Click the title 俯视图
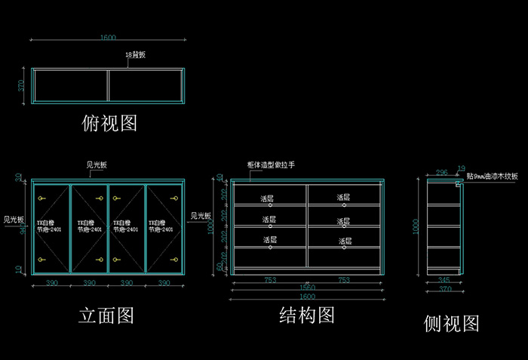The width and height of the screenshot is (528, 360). (109, 123)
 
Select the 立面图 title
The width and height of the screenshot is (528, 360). (106, 315)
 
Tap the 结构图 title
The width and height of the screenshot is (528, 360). (307, 315)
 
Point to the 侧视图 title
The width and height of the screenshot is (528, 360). (452, 324)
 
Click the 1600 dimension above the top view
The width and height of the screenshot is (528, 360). (108, 37)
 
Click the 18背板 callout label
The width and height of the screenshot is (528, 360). (135, 56)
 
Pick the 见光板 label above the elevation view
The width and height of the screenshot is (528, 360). (97, 165)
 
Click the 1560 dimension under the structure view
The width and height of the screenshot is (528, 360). (307, 288)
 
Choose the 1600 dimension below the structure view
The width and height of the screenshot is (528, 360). (307, 297)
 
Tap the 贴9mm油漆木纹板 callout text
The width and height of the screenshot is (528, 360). (493, 176)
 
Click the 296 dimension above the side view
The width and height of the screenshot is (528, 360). (442, 173)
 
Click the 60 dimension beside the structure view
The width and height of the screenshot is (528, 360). (220, 266)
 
